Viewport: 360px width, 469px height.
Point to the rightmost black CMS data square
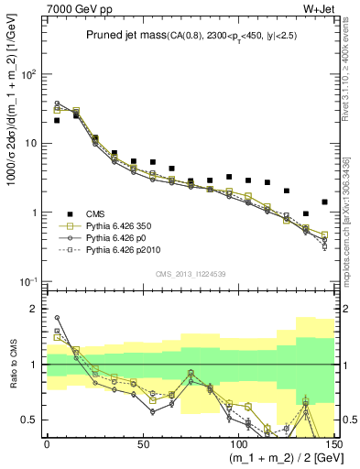(324, 202)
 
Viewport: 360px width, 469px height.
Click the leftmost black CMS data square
(57, 120)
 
